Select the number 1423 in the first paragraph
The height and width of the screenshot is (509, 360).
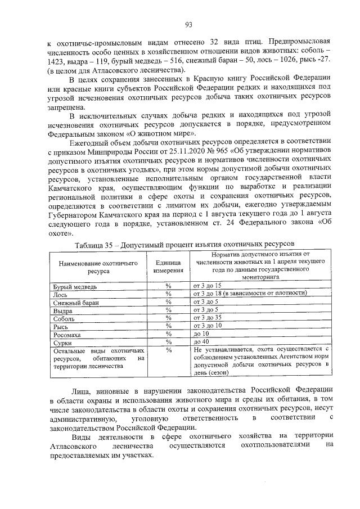coord(57,60)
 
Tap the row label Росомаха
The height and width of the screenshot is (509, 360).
coord(67,334)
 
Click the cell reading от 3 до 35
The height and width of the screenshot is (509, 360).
coord(207,318)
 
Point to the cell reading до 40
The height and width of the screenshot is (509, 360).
coord(201,342)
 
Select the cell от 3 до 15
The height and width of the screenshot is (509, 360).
coord(207,286)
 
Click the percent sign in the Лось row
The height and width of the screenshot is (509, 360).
coord(167,294)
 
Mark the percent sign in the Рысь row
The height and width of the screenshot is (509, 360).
coord(167,326)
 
